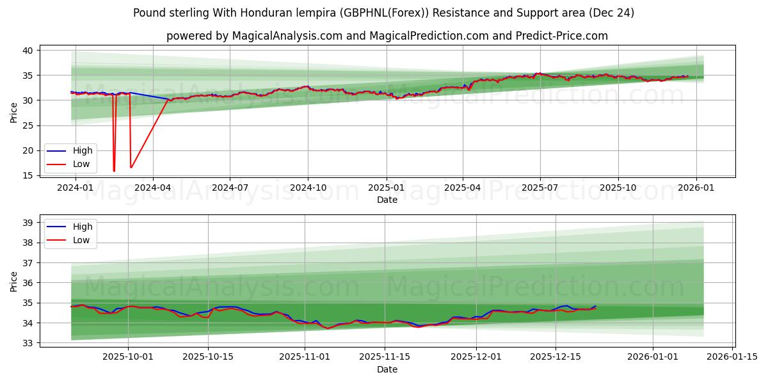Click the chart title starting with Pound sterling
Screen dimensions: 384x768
coord(384,13)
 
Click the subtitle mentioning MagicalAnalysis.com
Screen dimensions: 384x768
coord(387,36)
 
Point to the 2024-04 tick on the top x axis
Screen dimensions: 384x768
coord(152,188)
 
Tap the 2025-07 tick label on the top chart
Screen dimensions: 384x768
coord(540,188)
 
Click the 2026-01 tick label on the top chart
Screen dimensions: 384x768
coord(696,188)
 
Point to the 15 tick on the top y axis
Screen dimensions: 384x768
coord(28,175)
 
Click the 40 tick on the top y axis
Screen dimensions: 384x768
coord(28,50)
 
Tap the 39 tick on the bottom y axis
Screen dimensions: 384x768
coord(28,223)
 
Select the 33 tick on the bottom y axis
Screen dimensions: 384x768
coord(28,343)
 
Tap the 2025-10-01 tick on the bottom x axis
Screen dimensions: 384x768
coord(129,357)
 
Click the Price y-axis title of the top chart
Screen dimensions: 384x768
coord(14,112)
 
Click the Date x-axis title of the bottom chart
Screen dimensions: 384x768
coord(387,369)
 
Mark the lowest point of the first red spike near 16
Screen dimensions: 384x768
coord(114,171)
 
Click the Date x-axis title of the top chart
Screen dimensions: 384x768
coord(387,200)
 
